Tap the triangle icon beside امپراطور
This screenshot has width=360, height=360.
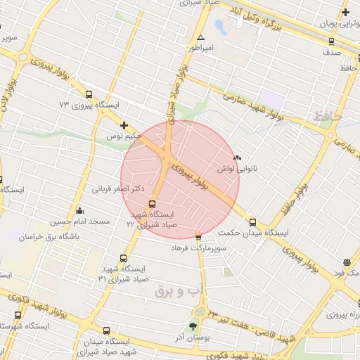[x=201, y=37]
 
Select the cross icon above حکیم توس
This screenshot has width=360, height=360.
[x=124, y=124]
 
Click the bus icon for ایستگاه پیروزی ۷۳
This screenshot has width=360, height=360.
[x=89, y=94]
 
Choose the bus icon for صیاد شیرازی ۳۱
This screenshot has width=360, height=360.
[x=124, y=258]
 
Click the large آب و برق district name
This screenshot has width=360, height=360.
[x=168, y=290]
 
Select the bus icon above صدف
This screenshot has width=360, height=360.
[x=331, y=40]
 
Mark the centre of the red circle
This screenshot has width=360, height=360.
[x=180, y=179]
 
